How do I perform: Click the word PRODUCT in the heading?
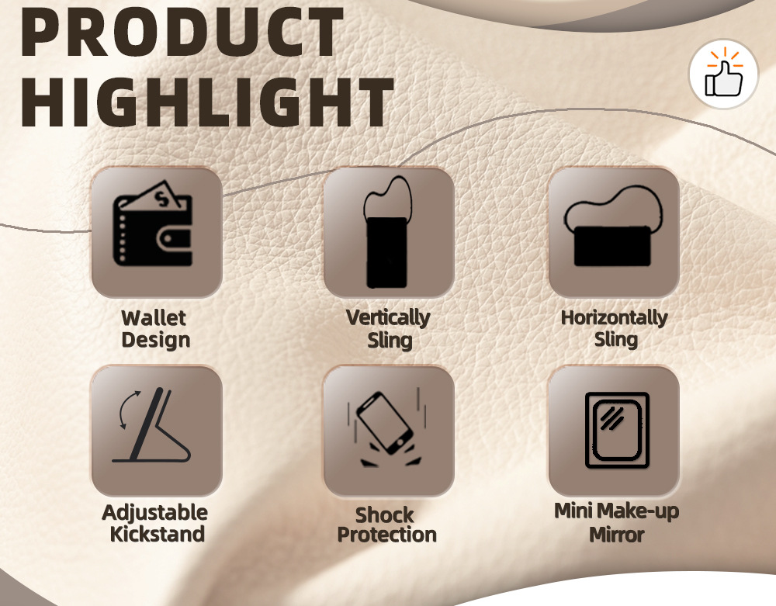[182, 31]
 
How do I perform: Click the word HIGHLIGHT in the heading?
[207, 102]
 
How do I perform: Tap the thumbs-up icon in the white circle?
[723, 74]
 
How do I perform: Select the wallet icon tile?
[157, 232]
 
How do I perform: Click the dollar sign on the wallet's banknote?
[161, 199]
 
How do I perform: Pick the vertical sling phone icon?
[388, 232]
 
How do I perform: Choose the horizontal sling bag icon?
[613, 226]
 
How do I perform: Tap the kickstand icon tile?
[157, 431]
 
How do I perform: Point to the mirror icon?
[617, 430]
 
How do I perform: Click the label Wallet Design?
[155, 329]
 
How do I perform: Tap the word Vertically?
[388, 318]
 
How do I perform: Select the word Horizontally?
[614, 318]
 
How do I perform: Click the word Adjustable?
[155, 514]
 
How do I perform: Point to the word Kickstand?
[158, 535]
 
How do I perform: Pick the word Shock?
[385, 515]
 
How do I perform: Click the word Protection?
[387, 535]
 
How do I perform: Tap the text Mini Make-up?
[617, 511]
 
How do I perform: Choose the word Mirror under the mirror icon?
[617, 535]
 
